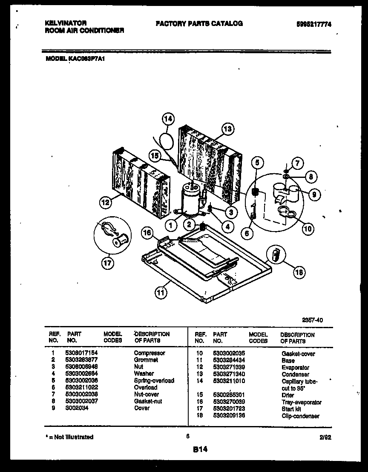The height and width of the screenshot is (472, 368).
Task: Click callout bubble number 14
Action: point(168,119)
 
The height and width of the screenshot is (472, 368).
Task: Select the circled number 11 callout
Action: point(160,292)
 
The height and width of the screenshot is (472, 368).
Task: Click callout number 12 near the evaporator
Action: point(106,203)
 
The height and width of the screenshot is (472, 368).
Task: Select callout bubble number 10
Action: point(308,229)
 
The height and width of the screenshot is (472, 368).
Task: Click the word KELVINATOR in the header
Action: point(66,23)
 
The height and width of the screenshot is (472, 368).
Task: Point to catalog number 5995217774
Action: point(313,24)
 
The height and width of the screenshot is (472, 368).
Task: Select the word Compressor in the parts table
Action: point(149,353)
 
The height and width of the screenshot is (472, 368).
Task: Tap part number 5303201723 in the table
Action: point(229,409)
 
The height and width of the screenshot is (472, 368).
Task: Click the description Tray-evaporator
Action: point(301,402)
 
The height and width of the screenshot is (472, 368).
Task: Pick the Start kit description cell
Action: point(291,409)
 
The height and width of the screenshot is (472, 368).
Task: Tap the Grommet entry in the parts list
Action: point(146,360)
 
